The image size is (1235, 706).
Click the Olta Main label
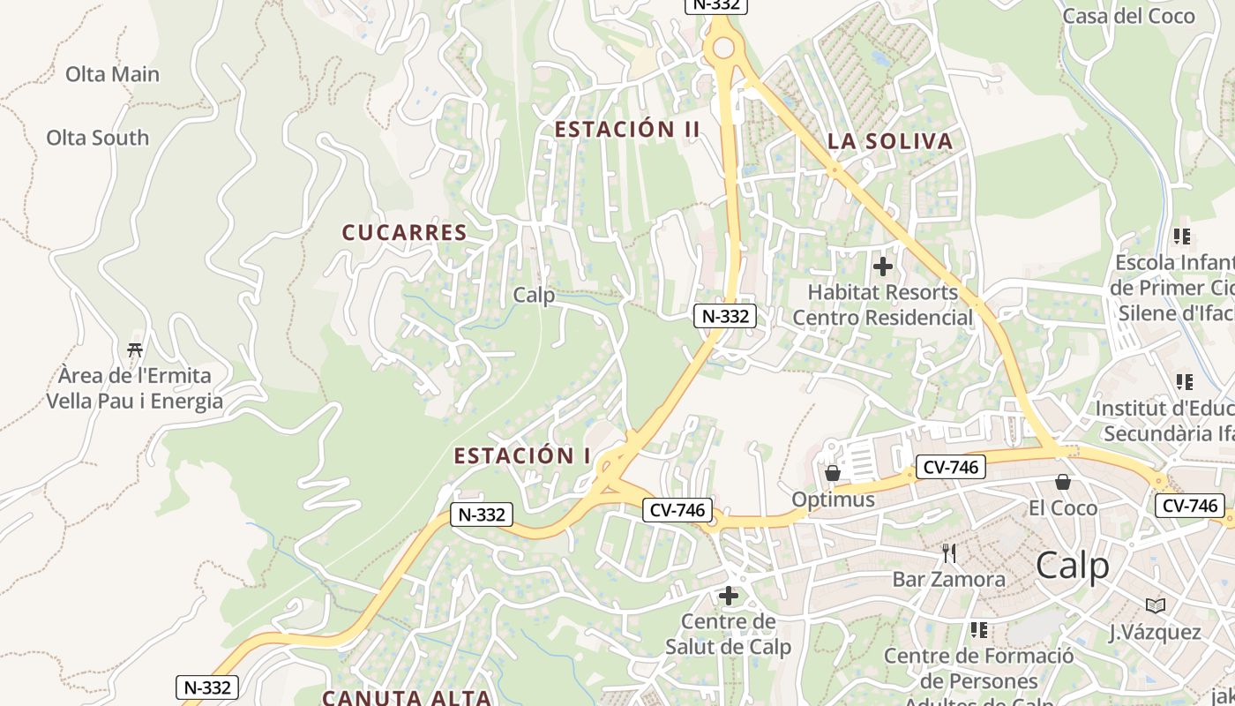(x=112, y=74)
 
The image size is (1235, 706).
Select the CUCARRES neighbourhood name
(x=404, y=232)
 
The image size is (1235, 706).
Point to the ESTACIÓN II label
(x=626, y=129)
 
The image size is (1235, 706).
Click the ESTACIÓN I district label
(x=522, y=455)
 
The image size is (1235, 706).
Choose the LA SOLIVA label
(x=889, y=141)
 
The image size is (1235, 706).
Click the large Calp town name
(x=1072, y=565)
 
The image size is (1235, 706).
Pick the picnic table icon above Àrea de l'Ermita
(x=135, y=350)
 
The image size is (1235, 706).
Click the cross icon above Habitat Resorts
(x=882, y=266)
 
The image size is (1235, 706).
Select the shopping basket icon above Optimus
(x=832, y=474)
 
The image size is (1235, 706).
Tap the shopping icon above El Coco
(x=1063, y=482)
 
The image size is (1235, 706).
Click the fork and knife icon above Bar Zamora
(x=949, y=553)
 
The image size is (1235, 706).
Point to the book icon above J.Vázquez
(x=1155, y=605)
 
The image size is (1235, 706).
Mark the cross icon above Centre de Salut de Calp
(x=728, y=596)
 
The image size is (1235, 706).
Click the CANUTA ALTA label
(x=406, y=697)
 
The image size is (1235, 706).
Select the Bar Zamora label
(x=948, y=579)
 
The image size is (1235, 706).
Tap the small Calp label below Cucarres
(x=534, y=295)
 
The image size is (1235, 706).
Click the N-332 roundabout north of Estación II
(x=722, y=48)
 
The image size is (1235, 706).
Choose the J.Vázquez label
(x=1155, y=632)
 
